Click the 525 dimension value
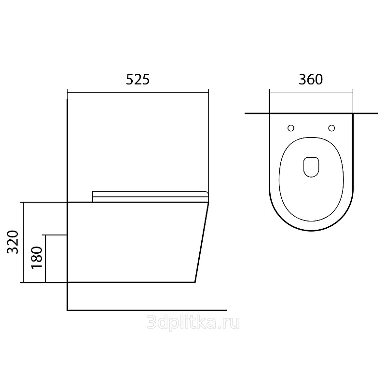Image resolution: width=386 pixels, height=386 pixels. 138,79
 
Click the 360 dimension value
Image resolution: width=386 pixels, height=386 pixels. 311,79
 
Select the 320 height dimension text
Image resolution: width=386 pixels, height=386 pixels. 13,242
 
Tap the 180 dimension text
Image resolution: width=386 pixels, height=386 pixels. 37,258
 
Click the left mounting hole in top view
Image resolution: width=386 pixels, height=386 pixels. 291,128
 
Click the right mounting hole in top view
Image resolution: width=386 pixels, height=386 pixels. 331,128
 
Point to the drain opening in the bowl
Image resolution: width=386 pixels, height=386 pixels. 311,167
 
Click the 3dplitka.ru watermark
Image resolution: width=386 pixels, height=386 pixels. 193,322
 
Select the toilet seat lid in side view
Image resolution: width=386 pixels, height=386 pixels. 150,196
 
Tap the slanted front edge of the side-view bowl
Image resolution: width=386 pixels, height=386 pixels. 202,242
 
